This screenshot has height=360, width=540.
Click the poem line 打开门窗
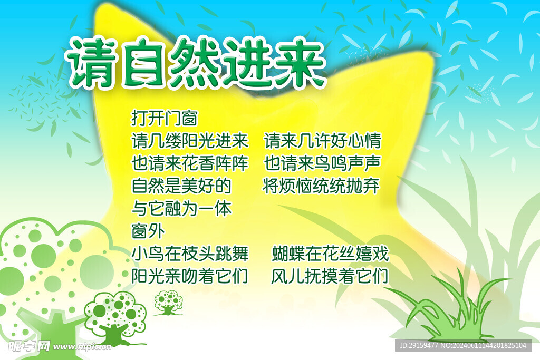[x=165, y=118]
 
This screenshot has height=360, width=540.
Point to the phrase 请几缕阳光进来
[x=190, y=141]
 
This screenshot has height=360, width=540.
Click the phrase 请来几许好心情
[x=323, y=141]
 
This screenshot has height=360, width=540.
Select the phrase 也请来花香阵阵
[x=190, y=163]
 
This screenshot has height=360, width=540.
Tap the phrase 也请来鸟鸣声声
[x=322, y=163]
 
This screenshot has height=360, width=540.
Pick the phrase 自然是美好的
[x=181, y=186]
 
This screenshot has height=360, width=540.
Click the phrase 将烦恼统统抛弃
[x=321, y=186]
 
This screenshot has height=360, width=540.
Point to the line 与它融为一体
[x=181, y=209]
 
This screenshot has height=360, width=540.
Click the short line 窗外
[x=148, y=231]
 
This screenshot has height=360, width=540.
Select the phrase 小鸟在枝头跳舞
[x=190, y=254]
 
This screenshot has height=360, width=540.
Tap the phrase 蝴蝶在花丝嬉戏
[x=331, y=254]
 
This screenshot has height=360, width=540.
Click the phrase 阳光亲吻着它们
[x=190, y=276]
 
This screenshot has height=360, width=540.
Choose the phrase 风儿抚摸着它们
[x=330, y=276]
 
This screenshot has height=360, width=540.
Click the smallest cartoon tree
[x=168, y=303]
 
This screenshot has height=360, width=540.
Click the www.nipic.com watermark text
[x=82, y=346]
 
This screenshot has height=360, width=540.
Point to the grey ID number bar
[x=464, y=345]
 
